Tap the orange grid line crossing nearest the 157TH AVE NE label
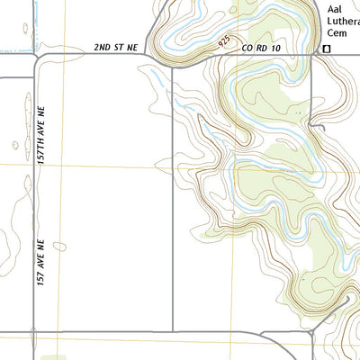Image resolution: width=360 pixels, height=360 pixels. coord(64,165)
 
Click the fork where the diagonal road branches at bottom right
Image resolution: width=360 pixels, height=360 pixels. coord(311,332)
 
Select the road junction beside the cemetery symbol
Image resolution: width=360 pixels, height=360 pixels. coord(315,54)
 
